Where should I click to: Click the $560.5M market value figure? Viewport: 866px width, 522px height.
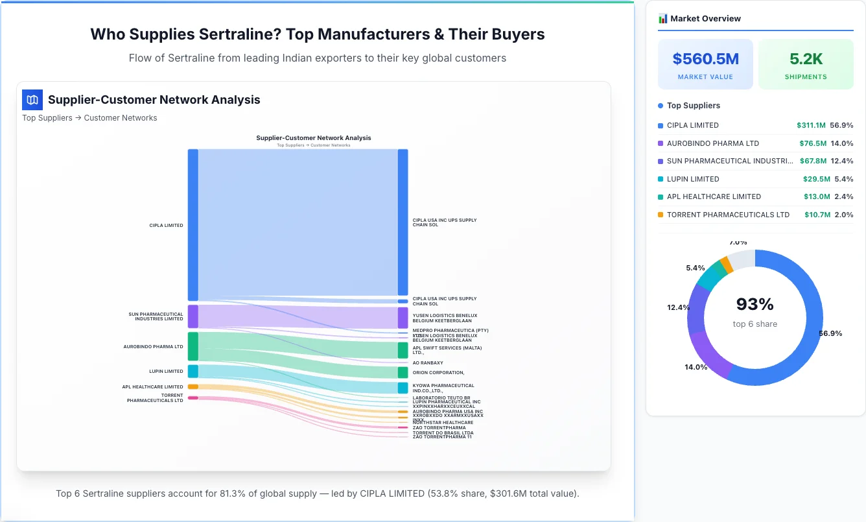705,59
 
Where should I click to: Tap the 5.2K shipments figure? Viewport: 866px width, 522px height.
806,59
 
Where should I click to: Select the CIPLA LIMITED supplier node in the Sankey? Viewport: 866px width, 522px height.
193,225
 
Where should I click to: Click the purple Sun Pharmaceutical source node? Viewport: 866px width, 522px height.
193,316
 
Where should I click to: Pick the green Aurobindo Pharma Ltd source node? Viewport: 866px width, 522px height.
193,346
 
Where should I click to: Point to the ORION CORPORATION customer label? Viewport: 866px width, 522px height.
438,373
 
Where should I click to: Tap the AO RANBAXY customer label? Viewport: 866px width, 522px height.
428,363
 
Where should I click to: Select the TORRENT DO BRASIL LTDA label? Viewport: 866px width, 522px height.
443,433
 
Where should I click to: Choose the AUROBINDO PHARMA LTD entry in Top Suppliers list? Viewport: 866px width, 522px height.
712,143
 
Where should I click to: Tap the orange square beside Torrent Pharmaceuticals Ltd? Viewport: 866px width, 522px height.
661,215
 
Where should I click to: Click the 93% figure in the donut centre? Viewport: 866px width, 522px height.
755,304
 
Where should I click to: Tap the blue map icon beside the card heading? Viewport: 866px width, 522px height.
32,100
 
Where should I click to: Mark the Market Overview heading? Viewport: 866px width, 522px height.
705,19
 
